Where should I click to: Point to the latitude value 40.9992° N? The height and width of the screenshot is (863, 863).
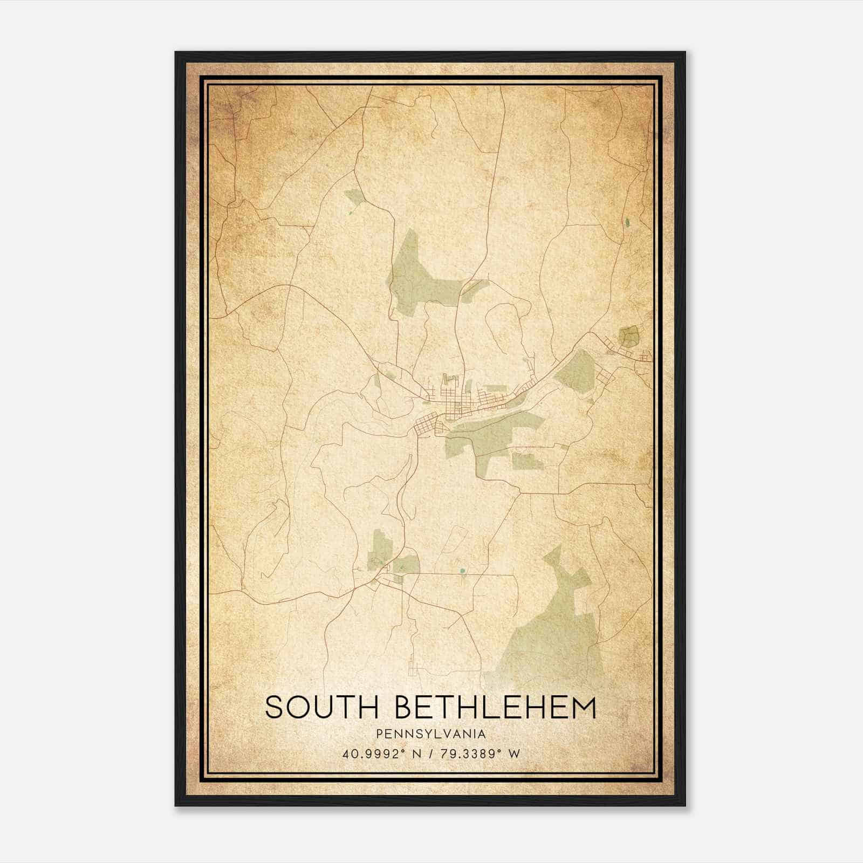tap(380, 754)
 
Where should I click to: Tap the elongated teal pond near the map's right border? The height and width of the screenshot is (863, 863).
tap(628, 222)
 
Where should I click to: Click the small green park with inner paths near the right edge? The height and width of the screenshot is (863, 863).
tap(628, 337)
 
